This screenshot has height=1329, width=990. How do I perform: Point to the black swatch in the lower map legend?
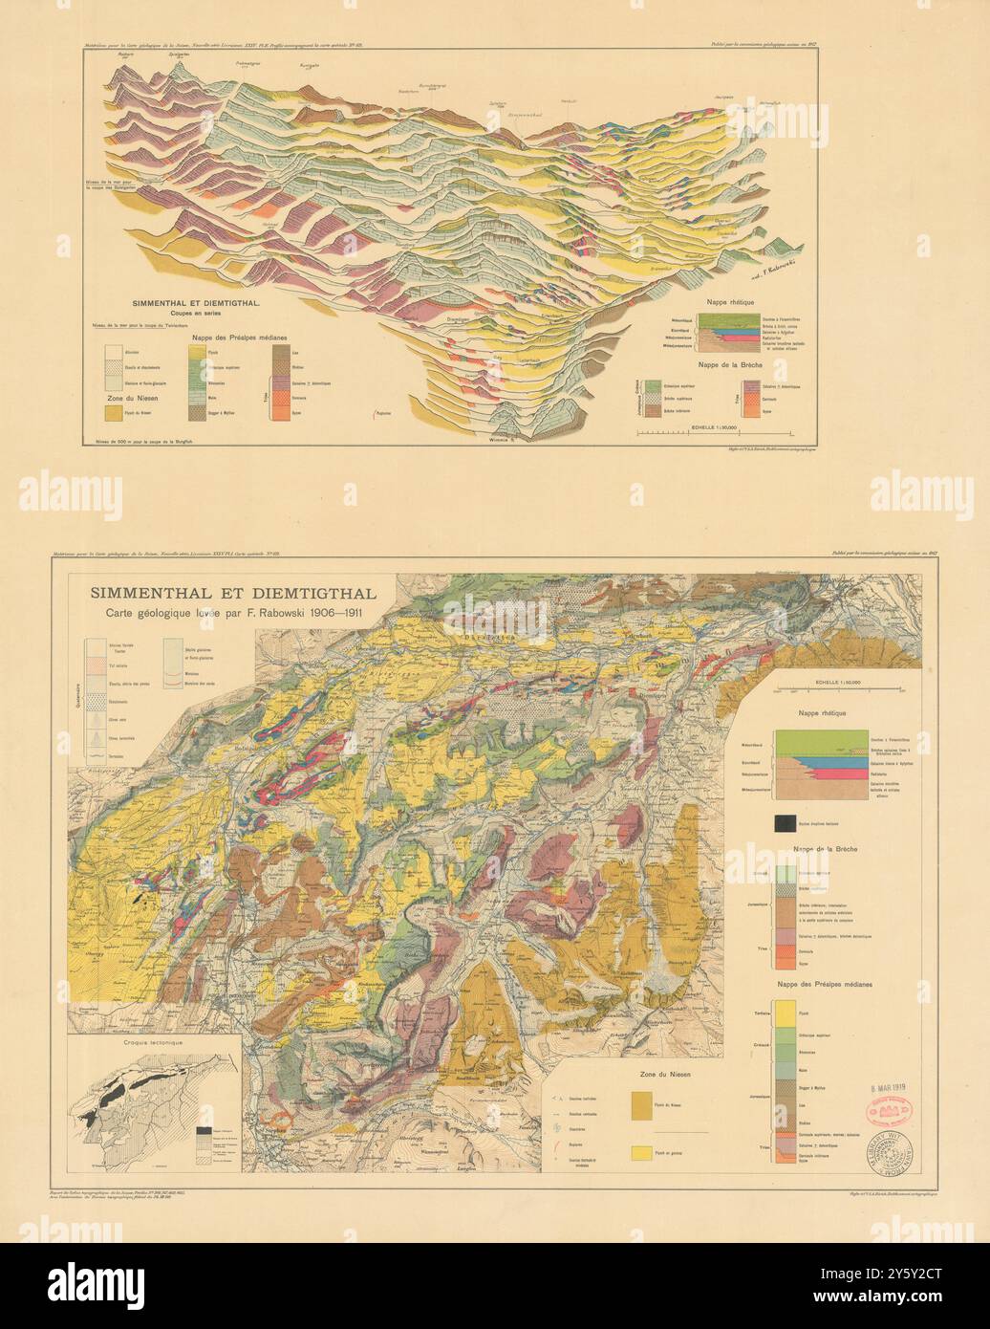tap(786, 822)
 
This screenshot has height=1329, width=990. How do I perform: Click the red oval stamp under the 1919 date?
tap(888, 1110)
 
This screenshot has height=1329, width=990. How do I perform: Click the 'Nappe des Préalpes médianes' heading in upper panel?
tap(240, 337)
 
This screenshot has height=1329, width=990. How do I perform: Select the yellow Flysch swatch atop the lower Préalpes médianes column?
tap(786, 1010)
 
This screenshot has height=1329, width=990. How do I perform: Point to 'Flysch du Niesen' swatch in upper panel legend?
tap(116, 412)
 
